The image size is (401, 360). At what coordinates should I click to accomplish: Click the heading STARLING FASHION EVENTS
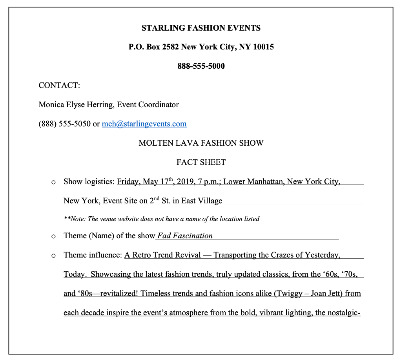(201, 28)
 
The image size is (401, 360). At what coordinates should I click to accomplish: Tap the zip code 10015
(263, 47)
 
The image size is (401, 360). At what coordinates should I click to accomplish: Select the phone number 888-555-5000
(201, 66)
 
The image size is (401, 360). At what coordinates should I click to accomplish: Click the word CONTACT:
(59, 85)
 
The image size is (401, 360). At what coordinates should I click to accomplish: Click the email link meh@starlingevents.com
(144, 124)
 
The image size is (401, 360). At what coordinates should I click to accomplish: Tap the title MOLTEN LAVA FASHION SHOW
(201, 143)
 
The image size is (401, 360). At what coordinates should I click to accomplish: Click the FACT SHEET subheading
(201, 162)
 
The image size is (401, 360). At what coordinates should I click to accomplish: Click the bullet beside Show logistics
(54, 182)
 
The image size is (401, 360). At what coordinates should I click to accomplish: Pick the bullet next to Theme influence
(54, 256)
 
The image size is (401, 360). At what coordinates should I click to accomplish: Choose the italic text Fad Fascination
(185, 236)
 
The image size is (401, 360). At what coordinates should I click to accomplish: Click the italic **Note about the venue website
(161, 219)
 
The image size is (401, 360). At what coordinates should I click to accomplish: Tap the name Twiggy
(290, 294)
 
